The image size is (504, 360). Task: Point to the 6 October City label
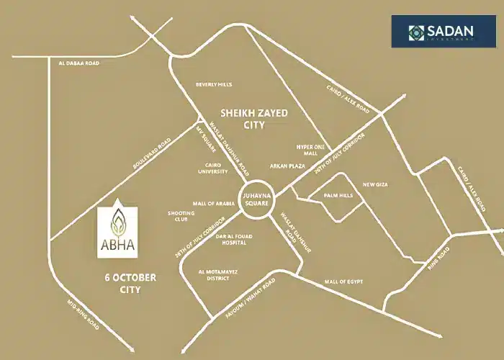[x=130, y=282]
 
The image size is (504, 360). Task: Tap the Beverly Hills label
[x=214, y=84]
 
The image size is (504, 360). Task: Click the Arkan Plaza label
[x=288, y=165]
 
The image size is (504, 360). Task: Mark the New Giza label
[x=375, y=185]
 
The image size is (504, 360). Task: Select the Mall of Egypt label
[x=344, y=282]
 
